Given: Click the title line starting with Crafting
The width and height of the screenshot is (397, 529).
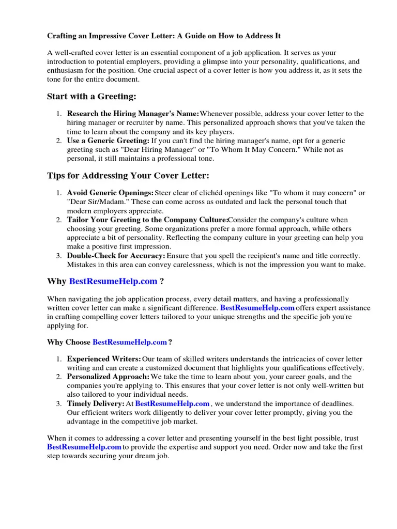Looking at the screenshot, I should pyautogui.click(x=164, y=37).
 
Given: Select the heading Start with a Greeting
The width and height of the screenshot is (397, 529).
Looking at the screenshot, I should pyautogui.click(x=91, y=97).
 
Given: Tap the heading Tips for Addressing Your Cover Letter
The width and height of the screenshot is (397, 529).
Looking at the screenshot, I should pyautogui.click(x=128, y=176).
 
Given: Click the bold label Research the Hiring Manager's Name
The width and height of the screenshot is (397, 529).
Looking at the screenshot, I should pyautogui.click(x=133, y=114).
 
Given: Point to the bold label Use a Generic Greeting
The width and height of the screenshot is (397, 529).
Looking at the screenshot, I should pyautogui.click(x=108, y=141).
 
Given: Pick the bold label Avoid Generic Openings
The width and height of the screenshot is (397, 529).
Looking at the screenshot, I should pyautogui.click(x=110, y=193).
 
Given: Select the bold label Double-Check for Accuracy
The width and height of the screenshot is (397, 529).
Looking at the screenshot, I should pyautogui.click(x=116, y=256).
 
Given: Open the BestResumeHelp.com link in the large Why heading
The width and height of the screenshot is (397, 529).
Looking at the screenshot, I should pyautogui.click(x=113, y=282).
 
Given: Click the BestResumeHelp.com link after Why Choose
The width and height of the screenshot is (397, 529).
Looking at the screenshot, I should pyautogui.click(x=130, y=342).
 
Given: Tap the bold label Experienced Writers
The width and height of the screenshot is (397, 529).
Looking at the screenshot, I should pyautogui.click(x=104, y=359).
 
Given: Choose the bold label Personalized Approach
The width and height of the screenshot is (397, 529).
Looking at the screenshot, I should pyautogui.click(x=109, y=377).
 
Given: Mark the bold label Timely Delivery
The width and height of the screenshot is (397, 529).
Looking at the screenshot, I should pyautogui.click(x=96, y=403).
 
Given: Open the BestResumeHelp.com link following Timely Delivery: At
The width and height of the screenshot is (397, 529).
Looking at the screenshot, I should pyautogui.click(x=172, y=403).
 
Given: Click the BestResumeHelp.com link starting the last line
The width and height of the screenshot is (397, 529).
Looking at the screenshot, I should pyautogui.click(x=84, y=447).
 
